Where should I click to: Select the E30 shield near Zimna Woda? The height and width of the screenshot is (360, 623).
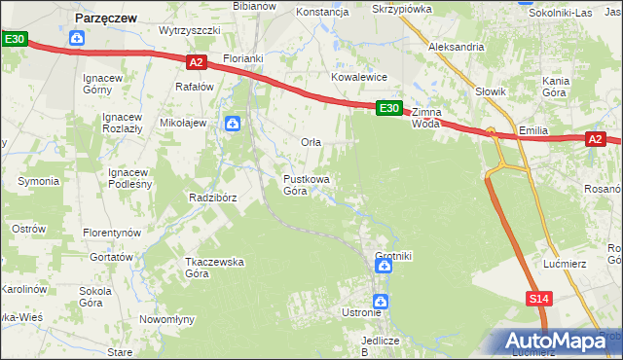(388, 108)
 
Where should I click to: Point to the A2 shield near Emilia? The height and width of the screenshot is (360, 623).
(596, 140)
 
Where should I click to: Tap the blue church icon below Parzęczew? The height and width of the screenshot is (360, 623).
(78, 39)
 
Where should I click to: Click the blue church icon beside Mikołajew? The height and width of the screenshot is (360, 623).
(232, 124)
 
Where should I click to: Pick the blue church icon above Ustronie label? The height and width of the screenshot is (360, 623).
(382, 302)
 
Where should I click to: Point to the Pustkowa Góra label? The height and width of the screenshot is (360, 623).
(307, 185)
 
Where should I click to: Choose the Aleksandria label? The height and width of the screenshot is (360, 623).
(456, 46)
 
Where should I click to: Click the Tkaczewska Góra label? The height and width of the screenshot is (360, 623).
(214, 268)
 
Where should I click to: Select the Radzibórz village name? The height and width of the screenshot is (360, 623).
(213, 197)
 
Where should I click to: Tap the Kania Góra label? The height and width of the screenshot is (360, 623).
(555, 86)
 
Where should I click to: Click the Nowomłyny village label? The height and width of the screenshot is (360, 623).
(167, 319)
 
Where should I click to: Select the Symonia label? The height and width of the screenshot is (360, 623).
(38, 182)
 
